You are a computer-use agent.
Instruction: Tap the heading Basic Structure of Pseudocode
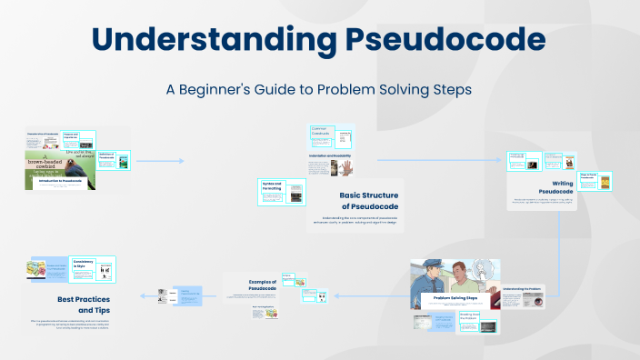pos(377,200)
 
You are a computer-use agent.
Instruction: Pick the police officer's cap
pos(430,266)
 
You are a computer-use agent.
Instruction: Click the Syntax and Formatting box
pos(273,187)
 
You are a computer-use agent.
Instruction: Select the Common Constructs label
pos(324,133)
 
